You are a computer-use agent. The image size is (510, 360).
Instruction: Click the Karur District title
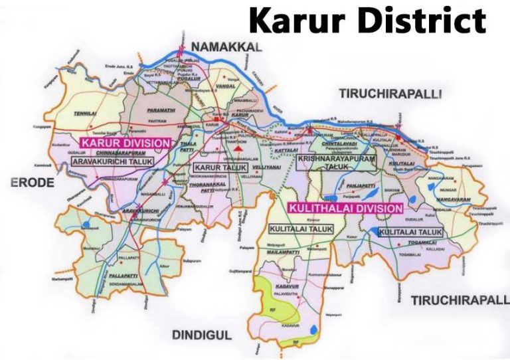(x=367, y=21)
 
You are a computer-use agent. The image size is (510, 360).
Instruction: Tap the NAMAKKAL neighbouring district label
(x=226, y=46)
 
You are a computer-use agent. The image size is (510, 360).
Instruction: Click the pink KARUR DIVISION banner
(x=126, y=142)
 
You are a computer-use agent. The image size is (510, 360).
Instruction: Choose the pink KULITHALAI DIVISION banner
(x=345, y=208)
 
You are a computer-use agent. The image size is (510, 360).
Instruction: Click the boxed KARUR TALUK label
(x=220, y=167)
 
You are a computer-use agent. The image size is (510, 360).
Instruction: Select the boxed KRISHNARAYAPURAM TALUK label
(x=337, y=163)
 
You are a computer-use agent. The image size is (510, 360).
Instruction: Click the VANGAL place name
(x=227, y=87)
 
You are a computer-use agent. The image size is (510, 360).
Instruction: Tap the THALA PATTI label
(x=189, y=147)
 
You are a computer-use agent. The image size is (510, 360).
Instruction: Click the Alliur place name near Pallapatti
(x=164, y=266)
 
